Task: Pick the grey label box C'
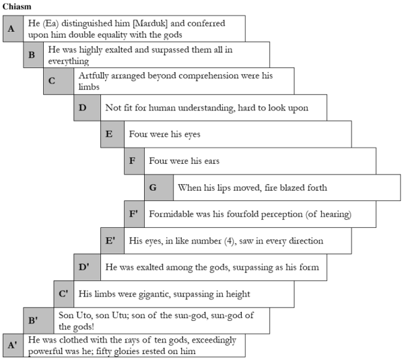tap(64, 293)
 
